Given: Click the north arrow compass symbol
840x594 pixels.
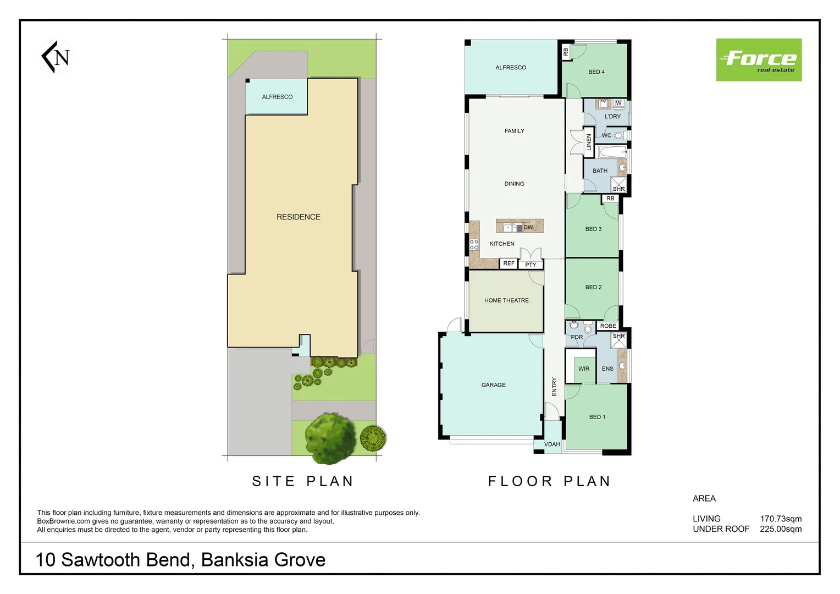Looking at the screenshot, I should pyautogui.click(x=57, y=57).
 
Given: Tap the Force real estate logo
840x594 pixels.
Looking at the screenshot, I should pyautogui.click(x=758, y=60).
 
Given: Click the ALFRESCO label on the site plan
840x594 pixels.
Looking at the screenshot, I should pyautogui.click(x=277, y=97).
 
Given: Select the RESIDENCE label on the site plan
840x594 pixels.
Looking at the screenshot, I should pyautogui.click(x=298, y=217).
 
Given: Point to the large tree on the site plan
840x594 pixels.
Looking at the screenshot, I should pyautogui.click(x=330, y=437).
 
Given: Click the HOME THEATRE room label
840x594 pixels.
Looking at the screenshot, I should pyautogui.click(x=506, y=300).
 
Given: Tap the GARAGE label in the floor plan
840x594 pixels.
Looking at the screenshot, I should pyautogui.click(x=493, y=385).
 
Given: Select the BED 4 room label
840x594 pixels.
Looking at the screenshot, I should pyautogui.click(x=596, y=72).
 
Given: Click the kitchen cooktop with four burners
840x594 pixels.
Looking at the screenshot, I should pyautogui.click(x=474, y=244).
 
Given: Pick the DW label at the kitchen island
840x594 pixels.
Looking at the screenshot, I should pyautogui.click(x=528, y=227).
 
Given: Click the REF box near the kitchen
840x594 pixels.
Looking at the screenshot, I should pyautogui.click(x=509, y=263).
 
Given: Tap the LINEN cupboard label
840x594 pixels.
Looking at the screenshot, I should pyautogui.click(x=589, y=142).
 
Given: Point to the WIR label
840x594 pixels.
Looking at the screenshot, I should pyautogui.click(x=584, y=369).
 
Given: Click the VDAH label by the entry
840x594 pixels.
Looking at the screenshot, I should pyautogui.click(x=552, y=444).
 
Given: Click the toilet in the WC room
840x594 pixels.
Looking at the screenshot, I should pyautogui.click(x=619, y=135).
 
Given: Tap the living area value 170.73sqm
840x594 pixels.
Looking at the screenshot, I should pyautogui.click(x=781, y=519).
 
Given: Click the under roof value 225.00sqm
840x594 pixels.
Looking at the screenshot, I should pyautogui.click(x=781, y=529).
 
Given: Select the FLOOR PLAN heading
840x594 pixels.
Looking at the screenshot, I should pyautogui.click(x=549, y=481).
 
